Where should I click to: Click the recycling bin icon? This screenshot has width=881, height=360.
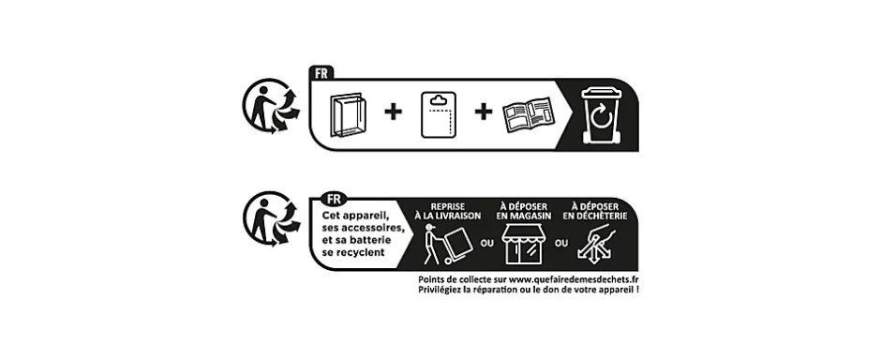pos(598,114)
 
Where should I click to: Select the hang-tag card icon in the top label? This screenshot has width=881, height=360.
pos(436,114)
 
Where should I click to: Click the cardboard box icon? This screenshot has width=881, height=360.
pos(346,114)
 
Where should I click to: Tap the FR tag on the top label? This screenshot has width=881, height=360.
pos(321,73)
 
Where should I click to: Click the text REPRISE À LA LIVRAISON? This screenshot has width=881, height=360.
pos(455,211)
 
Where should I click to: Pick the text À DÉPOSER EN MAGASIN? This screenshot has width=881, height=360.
pos(523,211)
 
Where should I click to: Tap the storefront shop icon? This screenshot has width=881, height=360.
pos(523,247)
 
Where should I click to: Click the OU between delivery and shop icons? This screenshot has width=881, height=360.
pos(486,244)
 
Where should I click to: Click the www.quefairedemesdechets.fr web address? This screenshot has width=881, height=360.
pos(574,280)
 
